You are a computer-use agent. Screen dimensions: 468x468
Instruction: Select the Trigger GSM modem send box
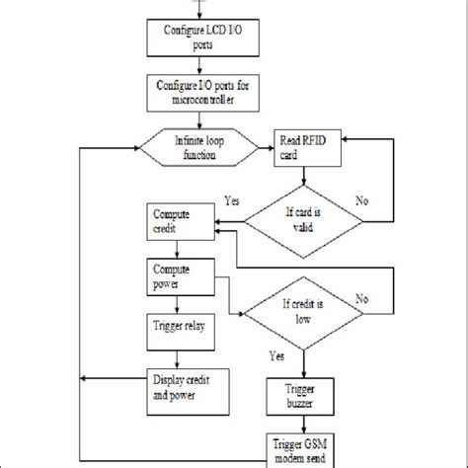point(302,449)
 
